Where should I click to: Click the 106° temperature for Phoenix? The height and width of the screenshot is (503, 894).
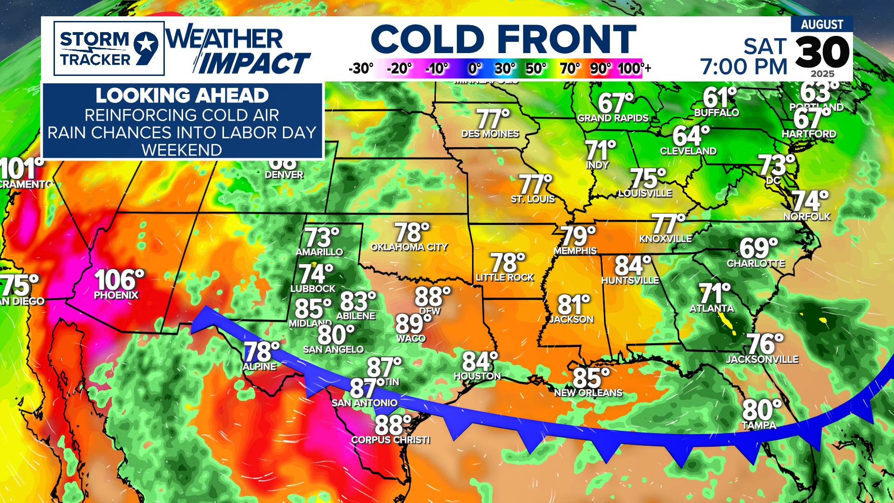(x=119, y=280)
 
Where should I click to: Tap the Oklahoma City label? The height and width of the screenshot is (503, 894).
(x=409, y=247)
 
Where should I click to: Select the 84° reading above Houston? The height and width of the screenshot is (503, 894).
(x=480, y=361)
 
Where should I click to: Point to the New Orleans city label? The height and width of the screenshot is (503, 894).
(x=588, y=393)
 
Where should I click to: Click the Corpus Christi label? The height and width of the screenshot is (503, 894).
(x=390, y=440)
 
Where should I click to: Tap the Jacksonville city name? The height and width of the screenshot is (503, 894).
(x=762, y=360)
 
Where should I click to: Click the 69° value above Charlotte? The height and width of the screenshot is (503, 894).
(x=759, y=248)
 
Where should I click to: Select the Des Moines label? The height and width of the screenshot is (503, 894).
(x=490, y=134)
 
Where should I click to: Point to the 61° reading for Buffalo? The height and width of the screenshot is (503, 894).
(x=719, y=98)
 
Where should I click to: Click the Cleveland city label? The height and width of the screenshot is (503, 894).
(x=688, y=151)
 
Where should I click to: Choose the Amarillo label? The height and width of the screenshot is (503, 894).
(x=319, y=252)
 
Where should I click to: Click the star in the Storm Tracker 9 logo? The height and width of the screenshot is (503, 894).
(x=146, y=45)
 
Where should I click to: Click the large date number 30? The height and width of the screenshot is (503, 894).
(x=822, y=53)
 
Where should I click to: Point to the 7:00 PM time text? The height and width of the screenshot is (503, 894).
(x=744, y=67)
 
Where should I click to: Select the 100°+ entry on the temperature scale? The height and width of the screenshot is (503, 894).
(x=634, y=68)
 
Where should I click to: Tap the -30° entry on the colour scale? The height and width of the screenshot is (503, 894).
(x=361, y=68)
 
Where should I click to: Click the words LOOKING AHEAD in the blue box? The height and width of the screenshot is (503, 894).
(x=182, y=96)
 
